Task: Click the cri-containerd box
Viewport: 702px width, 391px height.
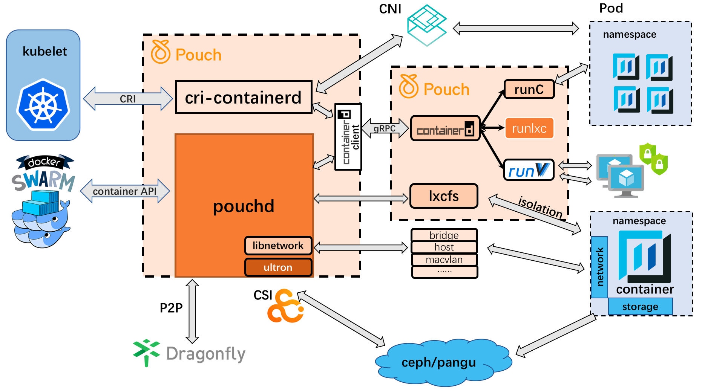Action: point(244,97)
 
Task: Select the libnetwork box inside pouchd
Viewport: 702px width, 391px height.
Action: point(278,246)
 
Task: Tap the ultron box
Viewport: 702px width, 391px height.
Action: point(278,267)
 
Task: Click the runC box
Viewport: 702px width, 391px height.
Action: point(529,89)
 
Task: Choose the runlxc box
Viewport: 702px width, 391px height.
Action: point(529,128)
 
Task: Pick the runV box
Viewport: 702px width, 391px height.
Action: point(529,170)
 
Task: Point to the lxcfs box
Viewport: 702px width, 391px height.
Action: point(444,196)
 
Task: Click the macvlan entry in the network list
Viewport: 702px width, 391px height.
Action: point(444,260)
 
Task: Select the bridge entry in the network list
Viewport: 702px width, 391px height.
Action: point(444,235)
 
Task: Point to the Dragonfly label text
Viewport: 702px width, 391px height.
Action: point(206,354)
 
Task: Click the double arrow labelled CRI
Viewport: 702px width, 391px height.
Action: point(128,99)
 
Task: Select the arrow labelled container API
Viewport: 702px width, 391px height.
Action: point(125,191)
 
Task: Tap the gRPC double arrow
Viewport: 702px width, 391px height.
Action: point(385,128)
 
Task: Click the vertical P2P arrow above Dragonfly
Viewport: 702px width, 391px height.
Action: point(192,311)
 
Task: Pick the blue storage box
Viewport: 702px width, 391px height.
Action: point(640,307)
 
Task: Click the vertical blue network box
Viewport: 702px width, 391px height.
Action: point(599,267)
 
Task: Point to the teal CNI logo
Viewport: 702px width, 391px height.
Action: point(427,25)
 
